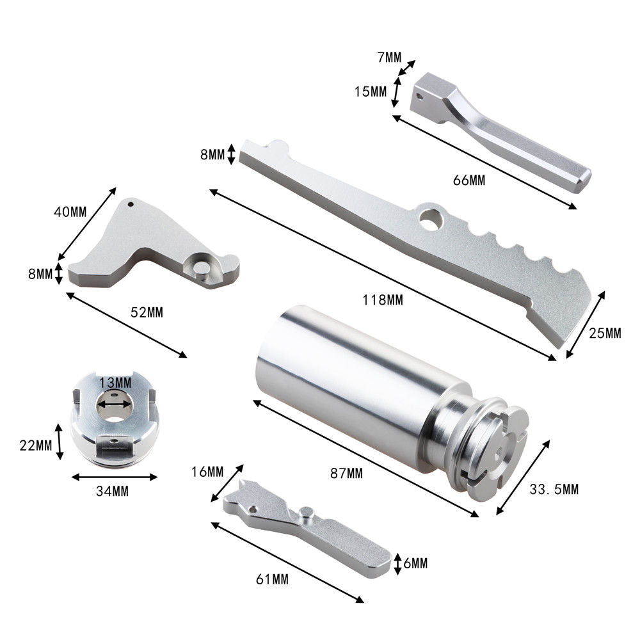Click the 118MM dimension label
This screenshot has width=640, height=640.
click(383, 300)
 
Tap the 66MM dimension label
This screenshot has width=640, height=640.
click(469, 180)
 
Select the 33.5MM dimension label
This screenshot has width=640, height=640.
click(554, 489)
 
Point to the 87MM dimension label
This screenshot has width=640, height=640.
click(346, 474)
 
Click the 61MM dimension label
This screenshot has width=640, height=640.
click(272, 579)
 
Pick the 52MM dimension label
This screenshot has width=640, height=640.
click(147, 313)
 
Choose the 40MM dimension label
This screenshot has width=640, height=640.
click(70, 212)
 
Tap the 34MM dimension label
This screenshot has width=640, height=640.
click(112, 492)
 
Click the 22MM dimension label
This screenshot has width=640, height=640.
click(36, 445)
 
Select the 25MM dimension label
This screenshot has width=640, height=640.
click(605, 333)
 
